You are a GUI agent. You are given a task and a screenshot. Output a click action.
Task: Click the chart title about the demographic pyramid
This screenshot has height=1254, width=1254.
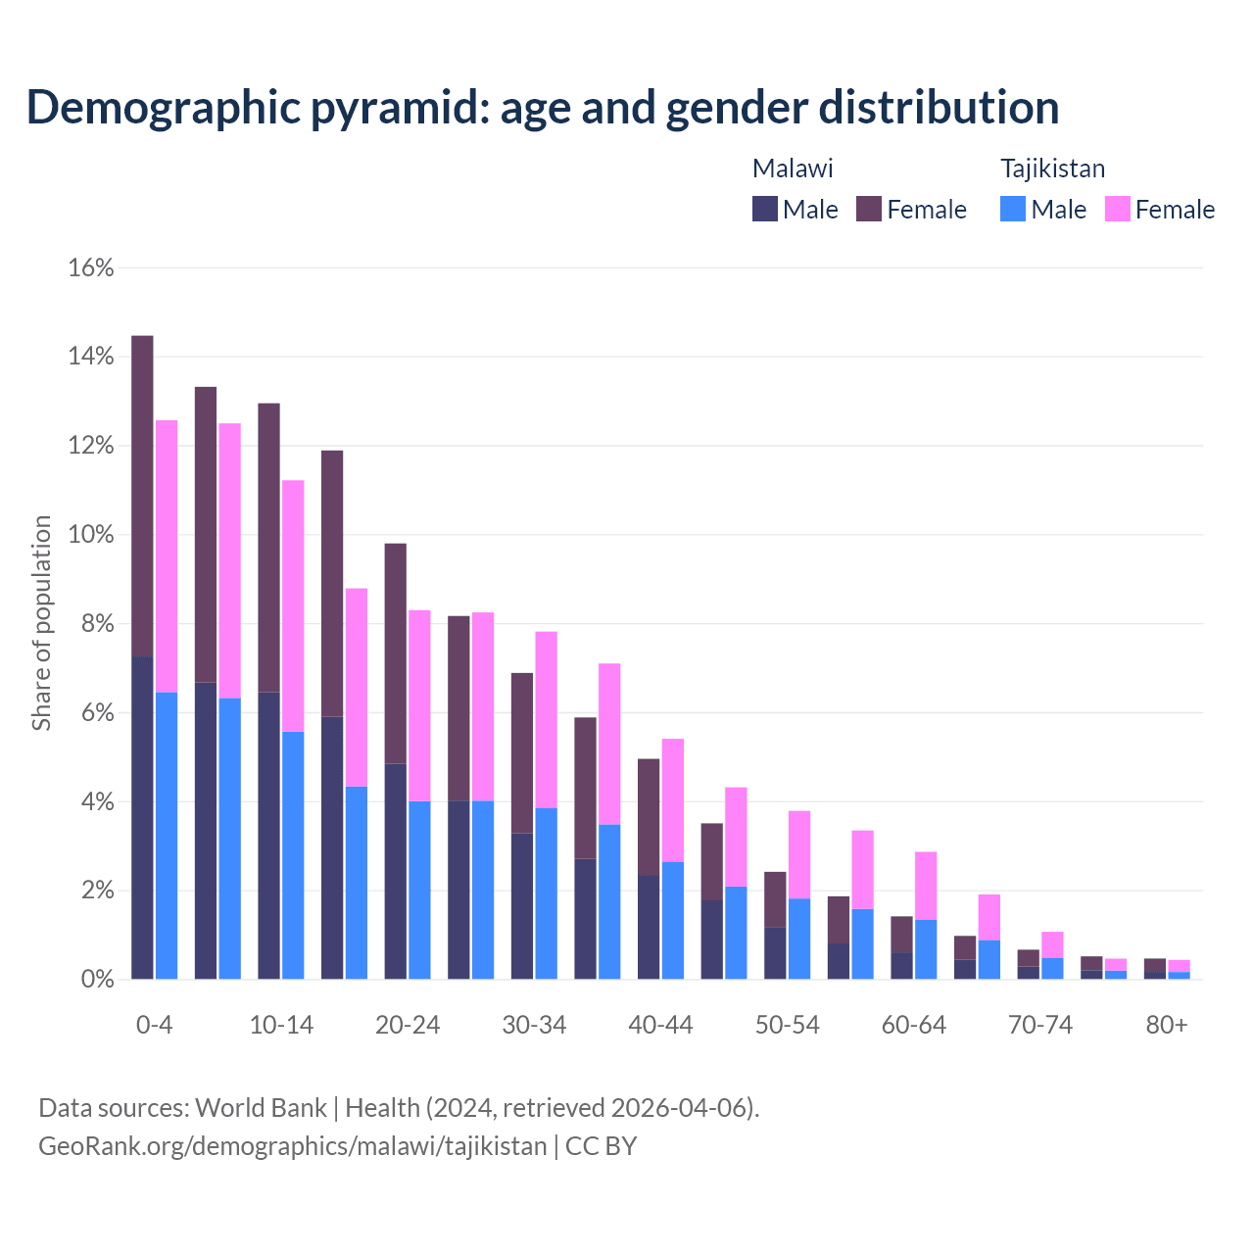click(543, 107)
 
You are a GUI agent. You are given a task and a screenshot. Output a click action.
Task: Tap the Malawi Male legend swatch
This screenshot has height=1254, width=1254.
click(765, 209)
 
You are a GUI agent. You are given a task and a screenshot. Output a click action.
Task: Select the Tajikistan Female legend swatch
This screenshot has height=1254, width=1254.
click(1118, 209)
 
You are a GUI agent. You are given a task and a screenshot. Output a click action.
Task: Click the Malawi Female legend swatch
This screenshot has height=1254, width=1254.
click(869, 209)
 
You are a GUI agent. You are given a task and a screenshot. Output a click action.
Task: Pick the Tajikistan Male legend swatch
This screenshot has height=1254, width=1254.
click(1013, 209)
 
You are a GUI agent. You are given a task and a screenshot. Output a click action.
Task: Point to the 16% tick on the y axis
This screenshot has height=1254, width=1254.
click(91, 268)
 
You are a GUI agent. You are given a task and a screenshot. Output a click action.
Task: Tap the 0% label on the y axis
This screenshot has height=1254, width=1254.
click(96, 980)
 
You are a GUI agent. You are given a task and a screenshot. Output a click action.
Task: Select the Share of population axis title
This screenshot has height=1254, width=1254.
click(41, 623)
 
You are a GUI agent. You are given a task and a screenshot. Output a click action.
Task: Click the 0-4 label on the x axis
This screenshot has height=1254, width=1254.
click(154, 1026)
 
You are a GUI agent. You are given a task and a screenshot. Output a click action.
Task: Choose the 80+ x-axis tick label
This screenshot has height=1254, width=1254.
click(1167, 1026)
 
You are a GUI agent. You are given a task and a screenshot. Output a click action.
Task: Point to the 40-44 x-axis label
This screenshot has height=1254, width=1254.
click(660, 1026)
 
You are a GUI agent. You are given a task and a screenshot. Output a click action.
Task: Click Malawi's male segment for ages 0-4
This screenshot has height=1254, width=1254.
click(142, 818)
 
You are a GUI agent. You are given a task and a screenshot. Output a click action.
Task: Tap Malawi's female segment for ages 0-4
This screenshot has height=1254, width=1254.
click(142, 496)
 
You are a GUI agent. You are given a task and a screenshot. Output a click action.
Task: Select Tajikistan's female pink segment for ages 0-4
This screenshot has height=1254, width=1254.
click(167, 556)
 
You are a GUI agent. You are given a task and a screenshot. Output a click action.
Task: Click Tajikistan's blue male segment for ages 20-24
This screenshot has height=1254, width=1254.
click(419, 891)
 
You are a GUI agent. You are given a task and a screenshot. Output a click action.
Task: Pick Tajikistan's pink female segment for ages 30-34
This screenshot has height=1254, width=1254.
click(546, 720)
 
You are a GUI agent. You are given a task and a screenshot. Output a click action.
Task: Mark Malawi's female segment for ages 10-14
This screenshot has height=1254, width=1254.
click(268, 548)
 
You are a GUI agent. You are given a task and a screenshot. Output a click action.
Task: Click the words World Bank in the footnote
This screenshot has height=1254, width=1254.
click(261, 1108)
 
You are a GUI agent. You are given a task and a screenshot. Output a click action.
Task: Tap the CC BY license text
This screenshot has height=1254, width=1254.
click(602, 1146)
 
